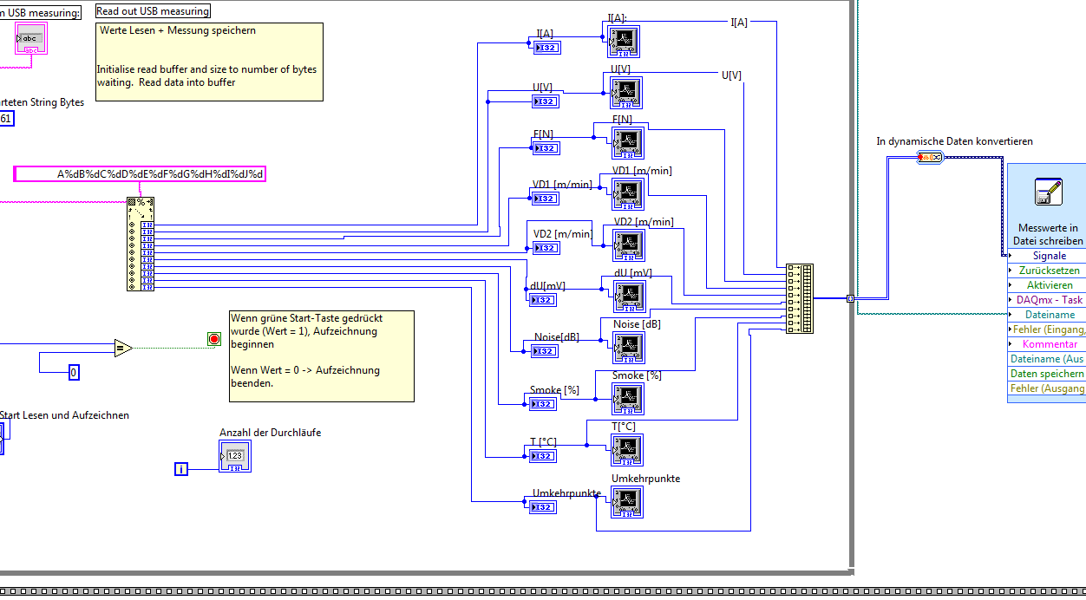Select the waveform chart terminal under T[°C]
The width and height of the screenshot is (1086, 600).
point(627,450)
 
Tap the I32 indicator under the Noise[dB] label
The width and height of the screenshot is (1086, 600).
point(546,351)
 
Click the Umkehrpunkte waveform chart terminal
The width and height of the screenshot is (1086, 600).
point(627,502)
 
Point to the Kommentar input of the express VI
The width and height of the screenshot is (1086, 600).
point(1049,344)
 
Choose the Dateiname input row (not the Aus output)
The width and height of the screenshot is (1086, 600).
point(1049,315)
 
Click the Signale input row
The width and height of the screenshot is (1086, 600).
point(1049,256)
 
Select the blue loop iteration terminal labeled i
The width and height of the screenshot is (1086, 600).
point(181,469)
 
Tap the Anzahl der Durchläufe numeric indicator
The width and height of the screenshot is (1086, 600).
point(234,456)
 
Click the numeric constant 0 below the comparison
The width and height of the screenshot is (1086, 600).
point(74,373)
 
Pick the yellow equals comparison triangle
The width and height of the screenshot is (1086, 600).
point(122,349)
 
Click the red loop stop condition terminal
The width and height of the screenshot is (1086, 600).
point(214,339)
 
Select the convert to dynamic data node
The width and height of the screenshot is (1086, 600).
point(929,157)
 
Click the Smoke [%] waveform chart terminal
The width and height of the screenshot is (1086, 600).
point(627,399)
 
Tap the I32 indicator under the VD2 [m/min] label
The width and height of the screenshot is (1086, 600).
point(546,248)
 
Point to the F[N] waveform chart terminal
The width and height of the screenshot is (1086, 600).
point(627,143)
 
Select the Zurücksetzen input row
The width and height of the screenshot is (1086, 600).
point(1049,271)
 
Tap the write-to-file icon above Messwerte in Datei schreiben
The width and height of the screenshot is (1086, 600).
point(1049,192)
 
